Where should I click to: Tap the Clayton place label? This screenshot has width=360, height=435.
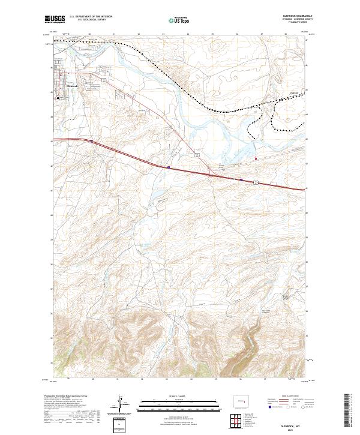click(293, 92)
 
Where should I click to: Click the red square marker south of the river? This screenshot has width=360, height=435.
click(256, 158)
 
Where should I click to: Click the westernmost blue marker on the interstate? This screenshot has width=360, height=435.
click(91, 141)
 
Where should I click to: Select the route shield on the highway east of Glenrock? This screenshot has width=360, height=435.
click(104, 79)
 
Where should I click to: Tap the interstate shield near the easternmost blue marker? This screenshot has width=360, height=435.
click(256, 181)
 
